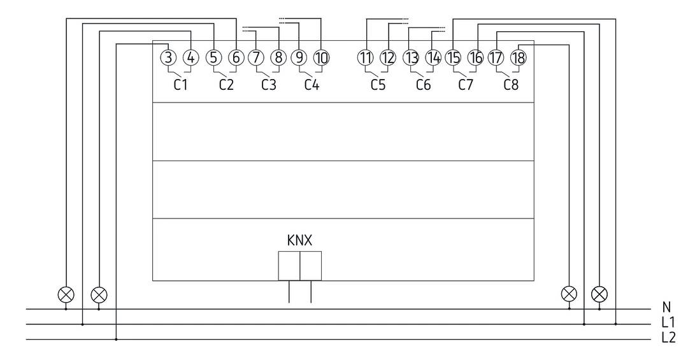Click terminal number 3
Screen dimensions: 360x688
pyautogui.click(x=168, y=57)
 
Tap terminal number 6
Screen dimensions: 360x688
pyautogui.click(x=236, y=57)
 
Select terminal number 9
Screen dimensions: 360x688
pyautogui.click(x=299, y=57)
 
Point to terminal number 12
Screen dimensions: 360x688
pyautogui.click(x=388, y=57)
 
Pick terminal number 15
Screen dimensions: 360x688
pyautogui.click(x=453, y=57)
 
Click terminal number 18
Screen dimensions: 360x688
pyautogui.click(x=519, y=57)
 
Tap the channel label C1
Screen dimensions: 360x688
pyautogui.click(x=181, y=85)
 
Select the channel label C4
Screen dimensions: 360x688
pyautogui.click(x=311, y=85)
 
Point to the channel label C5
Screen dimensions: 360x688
pyautogui.click(x=378, y=85)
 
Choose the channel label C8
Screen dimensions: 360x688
pyautogui.click(x=510, y=85)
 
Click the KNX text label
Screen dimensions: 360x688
pyautogui.click(x=299, y=240)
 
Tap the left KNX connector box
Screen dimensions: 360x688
pyautogui.click(x=289, y=266)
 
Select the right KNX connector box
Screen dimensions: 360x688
pyautogui.click(x=311, y=266)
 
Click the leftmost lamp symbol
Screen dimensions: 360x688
pyautogui.click(x=66, y=294)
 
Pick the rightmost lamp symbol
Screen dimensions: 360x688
pyautogui.click(x=600, y=294)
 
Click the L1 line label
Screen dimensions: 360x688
pyautogui.click(x=668, y=324)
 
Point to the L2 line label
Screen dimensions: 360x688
pyautogui.click(x=668, y=338)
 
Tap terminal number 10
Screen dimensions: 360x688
pyautogui.click(x=321, y=57)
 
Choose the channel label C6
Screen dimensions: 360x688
pyautogui.click(x=423, y=85)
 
